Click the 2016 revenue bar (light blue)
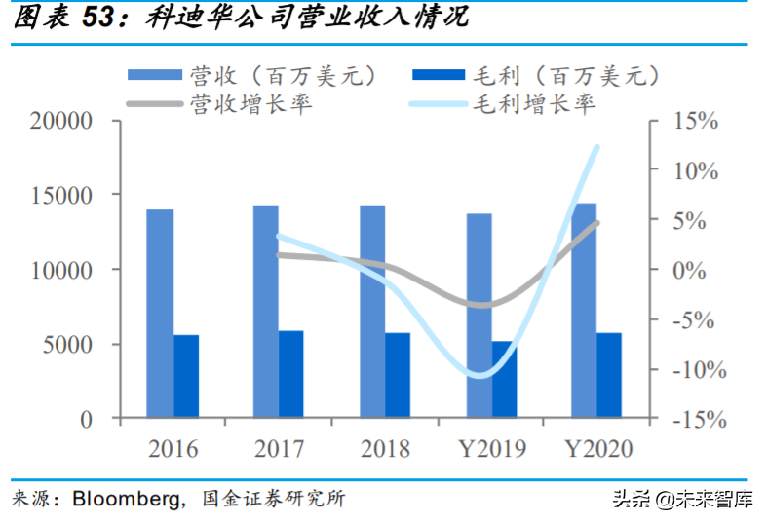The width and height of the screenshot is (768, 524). coord(160,314)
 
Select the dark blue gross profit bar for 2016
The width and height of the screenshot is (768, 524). coord(186,376)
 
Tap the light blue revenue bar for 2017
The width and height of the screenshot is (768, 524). coord(266,312)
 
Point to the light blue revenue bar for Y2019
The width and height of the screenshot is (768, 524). coord(479,316)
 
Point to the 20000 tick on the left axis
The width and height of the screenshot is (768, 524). coord(60,121)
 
